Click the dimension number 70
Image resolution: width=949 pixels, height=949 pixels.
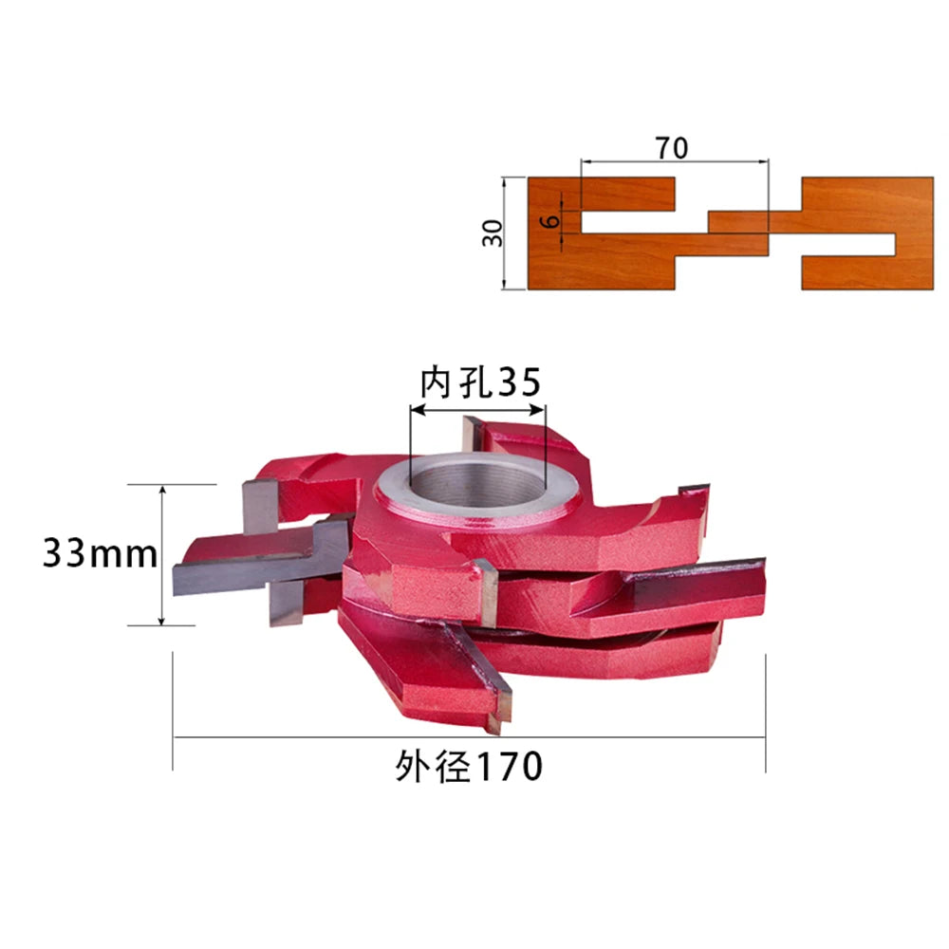pos(671,148)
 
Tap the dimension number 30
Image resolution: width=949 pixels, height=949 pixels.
pos(493,233)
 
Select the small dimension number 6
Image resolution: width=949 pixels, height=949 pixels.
pos(550,221)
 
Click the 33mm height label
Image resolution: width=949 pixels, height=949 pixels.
pos(100,553)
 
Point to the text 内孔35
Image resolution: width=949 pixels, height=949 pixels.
pos(480,382)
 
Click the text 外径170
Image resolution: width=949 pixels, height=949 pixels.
pos(469,767)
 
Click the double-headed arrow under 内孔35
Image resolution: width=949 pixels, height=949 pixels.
pos(477,410)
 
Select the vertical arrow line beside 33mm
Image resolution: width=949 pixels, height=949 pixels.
pos(161,555)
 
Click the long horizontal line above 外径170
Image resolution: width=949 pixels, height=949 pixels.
pos(469,737)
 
